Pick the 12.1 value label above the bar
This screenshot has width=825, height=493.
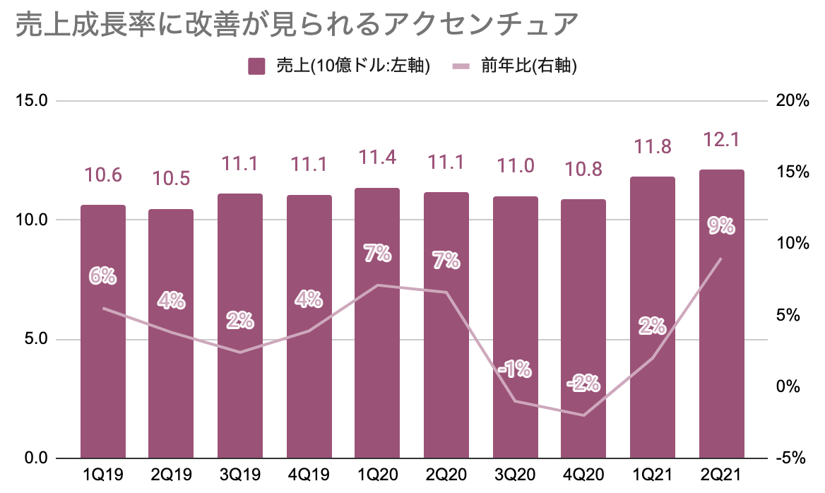pyautogui.click(x=721, y=140)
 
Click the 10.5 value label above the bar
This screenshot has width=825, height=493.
pyautogui.click(x=170, y=178)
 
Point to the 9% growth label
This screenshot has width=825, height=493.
pyautogui.click(x=721, y=226)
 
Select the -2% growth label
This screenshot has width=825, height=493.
pyautogui.click(x=583, y=384)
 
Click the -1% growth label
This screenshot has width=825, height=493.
pyautogui.click(x=515, y=369)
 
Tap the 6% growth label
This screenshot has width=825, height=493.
pyautogui.click(x=102, y=275)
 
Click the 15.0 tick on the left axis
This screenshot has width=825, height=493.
pyautogui.click(x=31, y=101)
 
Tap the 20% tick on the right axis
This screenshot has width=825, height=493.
pyautogui.click(x=791, y=101)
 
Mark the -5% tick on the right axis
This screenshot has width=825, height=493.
pyautogui.click(x=791, y=458)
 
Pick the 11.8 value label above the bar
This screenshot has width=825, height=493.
pyautogui.click(x=652, y=147)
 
